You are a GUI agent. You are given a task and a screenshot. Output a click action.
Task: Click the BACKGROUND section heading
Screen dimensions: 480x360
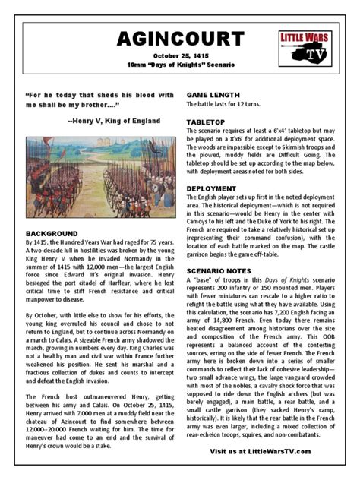tap(52, 233)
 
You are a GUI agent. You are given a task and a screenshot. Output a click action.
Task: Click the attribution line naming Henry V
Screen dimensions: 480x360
tap(114, 121)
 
